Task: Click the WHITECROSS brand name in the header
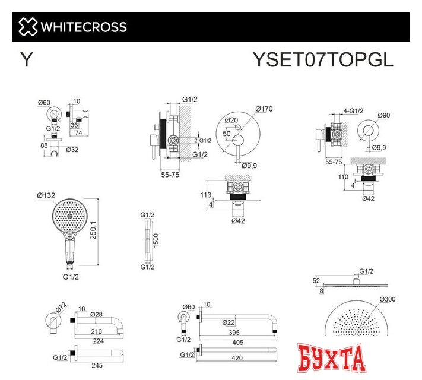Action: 83,27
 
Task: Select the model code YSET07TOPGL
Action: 323,60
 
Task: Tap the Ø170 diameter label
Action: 264,109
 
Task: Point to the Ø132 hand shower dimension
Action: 46,195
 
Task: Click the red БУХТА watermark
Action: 331,358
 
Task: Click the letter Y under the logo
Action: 26,61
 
